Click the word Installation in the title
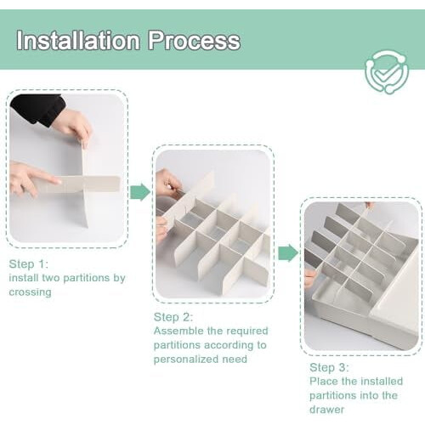(x=78, y=40)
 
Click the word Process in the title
(x=195, y=41)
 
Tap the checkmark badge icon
(x=387, y=72)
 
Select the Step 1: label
(x=29, y=264)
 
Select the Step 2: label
(x=173, y=317)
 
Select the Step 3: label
(x=329, y=367)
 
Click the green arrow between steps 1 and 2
(x=140, y=192)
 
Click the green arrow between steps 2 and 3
(x=288, y=252)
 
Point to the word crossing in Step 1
(x=30, y=292)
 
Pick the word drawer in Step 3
(x=327, y=410)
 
